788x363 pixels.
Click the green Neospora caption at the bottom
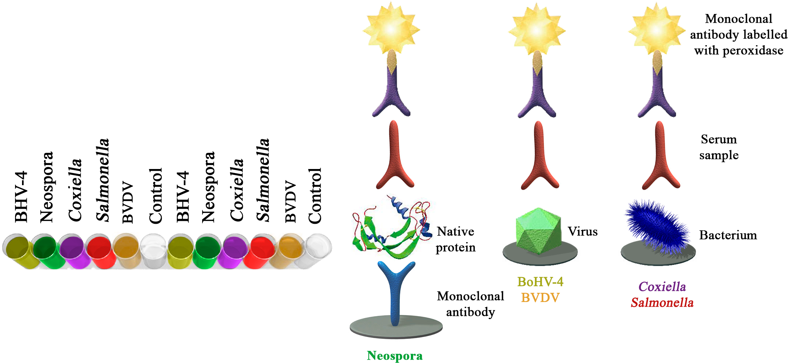coord(395,356)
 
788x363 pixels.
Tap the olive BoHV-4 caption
coord(540,282)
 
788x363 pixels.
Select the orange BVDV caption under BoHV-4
coord(540,297)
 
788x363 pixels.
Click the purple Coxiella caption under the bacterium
coord(662,287)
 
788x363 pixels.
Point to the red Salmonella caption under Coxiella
coord(662,303)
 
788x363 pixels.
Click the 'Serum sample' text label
coord(719,147)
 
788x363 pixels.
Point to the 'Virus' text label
coord(583,231)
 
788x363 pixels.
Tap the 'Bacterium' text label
coord(728,235)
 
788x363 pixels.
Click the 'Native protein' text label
coord(456,240)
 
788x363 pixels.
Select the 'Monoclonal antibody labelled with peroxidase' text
coord(738,35)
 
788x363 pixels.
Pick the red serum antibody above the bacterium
coord(660,155)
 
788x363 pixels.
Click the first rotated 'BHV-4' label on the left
coord(21,197)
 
